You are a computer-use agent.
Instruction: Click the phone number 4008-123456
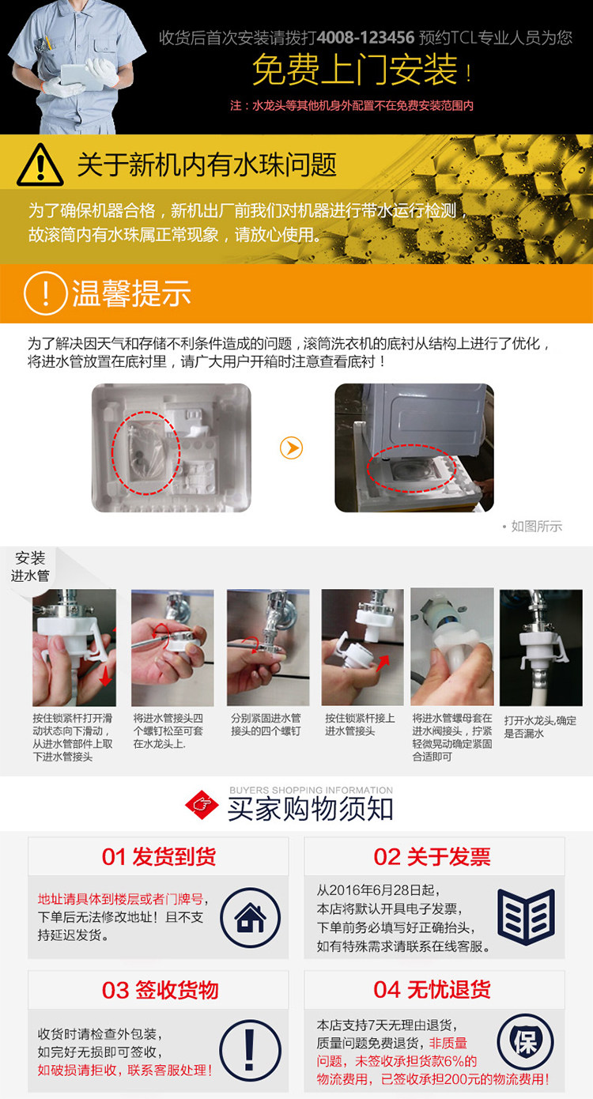(x=365, y=37)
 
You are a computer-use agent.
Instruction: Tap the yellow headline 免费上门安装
(x=355, y=70)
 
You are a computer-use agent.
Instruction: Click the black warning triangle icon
(x=40, y=164)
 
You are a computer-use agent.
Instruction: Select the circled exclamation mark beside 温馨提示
(x=45, y=293)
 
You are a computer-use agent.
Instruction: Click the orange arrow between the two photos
(x=291, y=448)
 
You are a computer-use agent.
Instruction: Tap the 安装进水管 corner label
(x=30, y=567)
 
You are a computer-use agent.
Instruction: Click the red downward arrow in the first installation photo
(x=105, y=674)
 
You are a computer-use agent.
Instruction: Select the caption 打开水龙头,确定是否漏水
(x=540, y=727)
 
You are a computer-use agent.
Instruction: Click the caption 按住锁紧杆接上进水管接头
(x=360, y=724)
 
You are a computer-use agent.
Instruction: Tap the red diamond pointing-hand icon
(x=202, y=805)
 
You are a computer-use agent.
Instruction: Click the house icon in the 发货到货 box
(x=250, y=917)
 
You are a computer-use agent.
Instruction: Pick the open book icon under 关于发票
(x=526, y=916)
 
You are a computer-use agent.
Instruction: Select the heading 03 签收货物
(x=160, y=990)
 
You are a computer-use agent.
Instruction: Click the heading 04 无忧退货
(x=432, y=989)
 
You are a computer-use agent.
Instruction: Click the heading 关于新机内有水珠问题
(x=206, y=164)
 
